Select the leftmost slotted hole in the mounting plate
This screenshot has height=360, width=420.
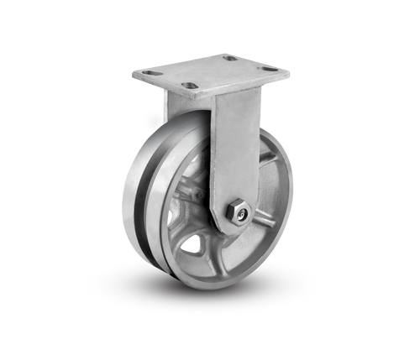150,73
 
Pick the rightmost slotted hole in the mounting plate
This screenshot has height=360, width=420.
269,69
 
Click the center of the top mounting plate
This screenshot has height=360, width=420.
210,71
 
